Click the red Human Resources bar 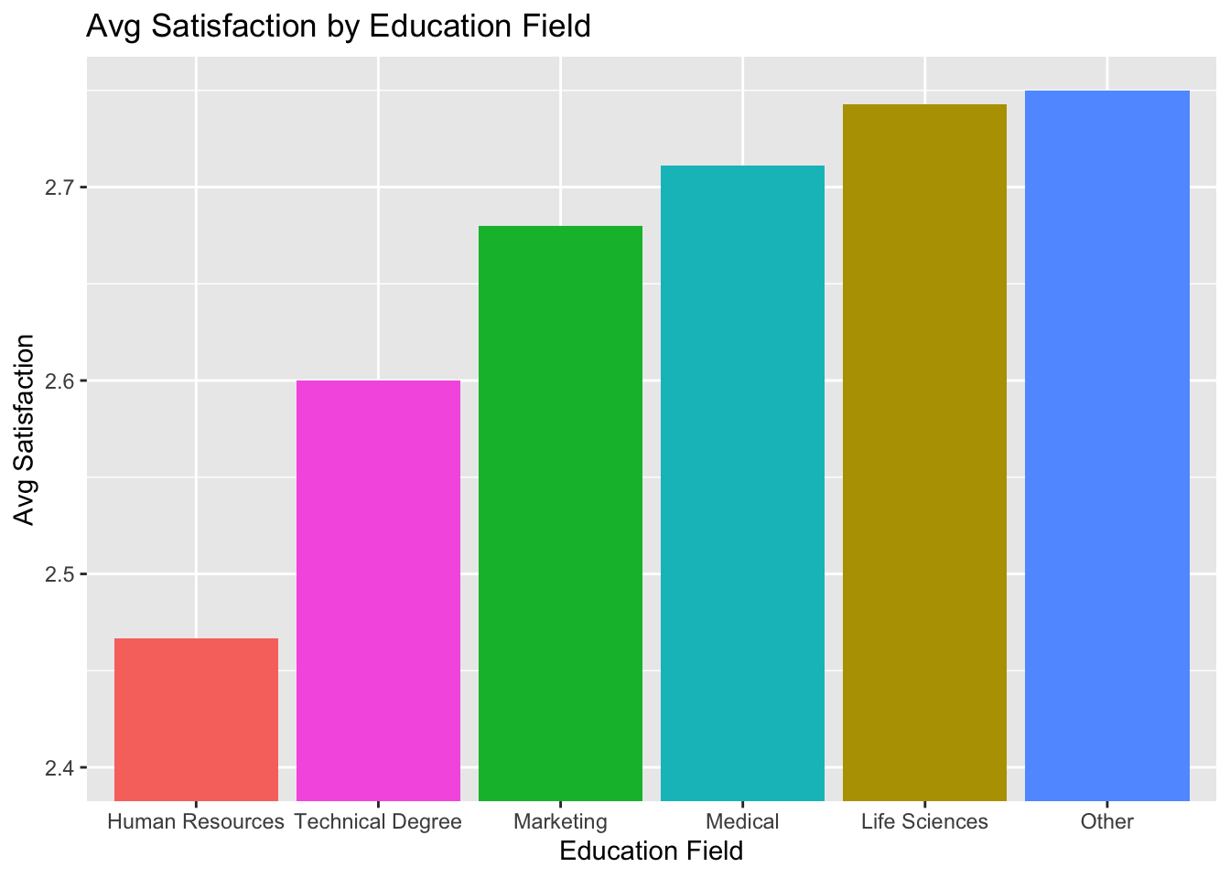(196, 719)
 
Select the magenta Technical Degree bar (378, 590)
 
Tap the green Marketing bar (560, 513)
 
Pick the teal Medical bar (742, 483)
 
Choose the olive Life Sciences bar (924, 453)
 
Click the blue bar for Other (1106, 445)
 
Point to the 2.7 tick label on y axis (61, 188)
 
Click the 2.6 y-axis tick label (61, 381)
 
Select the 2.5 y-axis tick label (61, 575)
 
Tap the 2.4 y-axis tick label (61, 768)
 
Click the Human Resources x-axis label (196, 821)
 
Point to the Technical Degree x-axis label (378, 821)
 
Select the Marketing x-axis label (560, 821)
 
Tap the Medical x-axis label (742, 821)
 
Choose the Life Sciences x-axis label (924, 821)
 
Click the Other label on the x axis (1106, 821)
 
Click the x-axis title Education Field (651, 851)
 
